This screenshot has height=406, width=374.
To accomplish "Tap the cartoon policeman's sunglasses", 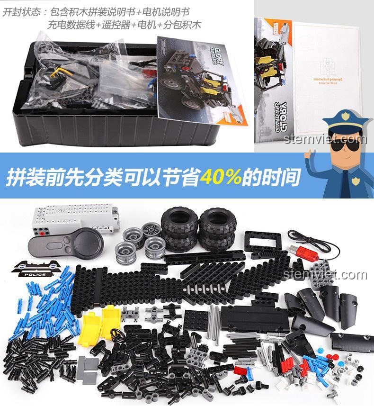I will coord(345,145).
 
